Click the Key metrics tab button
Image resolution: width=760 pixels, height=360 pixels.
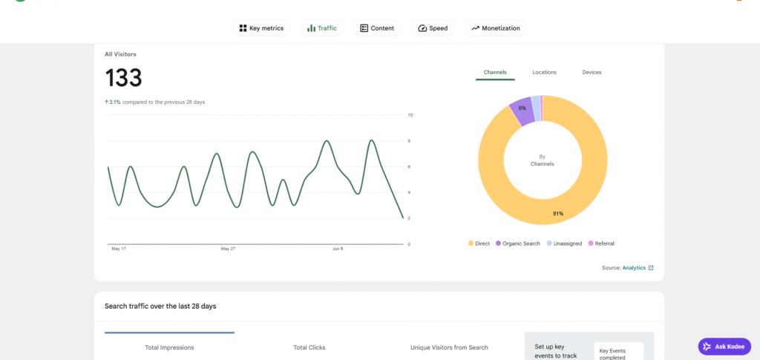[x=261, y=28]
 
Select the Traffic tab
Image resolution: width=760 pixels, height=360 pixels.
[x=322, y=28]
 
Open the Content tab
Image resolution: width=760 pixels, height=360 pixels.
[x=377, y=28]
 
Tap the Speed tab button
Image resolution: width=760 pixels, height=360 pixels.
[x=433, y=28]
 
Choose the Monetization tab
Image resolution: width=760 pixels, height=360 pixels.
[x=495, y=28]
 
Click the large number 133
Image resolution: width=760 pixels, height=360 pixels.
[x=124, y=77]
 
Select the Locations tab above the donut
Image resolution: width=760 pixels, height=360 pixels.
[x=544, y=72]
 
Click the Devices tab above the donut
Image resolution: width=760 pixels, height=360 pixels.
[x=592, y=72]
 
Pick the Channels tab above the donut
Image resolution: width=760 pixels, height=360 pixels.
[x=495, y=72]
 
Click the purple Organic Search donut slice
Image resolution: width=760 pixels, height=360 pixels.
[x=522, y=110]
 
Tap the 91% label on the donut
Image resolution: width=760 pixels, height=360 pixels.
[x=558, y=214]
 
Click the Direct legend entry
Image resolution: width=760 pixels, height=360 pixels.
[x=479, y=243]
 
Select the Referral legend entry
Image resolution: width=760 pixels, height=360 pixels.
[x=601, y=243]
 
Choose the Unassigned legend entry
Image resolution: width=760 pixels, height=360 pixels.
[x=564, y=243]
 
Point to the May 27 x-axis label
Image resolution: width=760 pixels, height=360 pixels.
[x=228, y=249]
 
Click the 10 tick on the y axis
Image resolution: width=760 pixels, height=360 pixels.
[x=410, y=115]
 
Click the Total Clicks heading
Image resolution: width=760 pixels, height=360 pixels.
[x=309, y=347]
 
